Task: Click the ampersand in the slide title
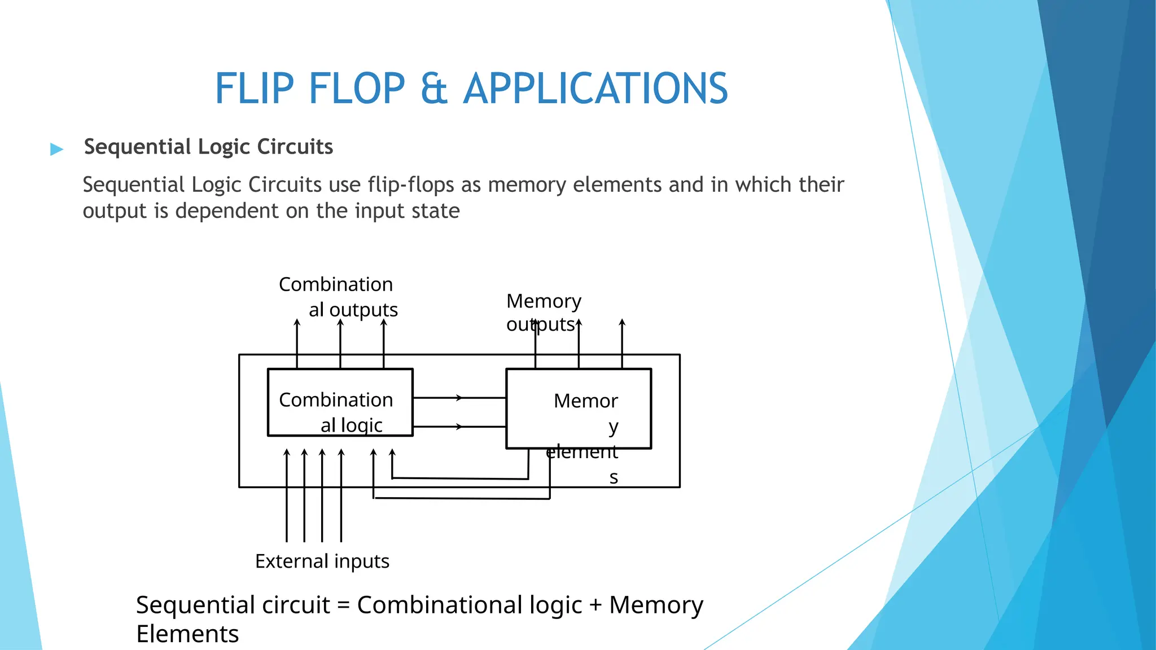[x=434, y=89]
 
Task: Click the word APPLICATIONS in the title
[x=595, y=89]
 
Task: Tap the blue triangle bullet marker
[x=56, y=149]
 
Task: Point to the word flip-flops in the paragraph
[x=410, y=185]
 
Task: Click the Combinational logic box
[x=340, y=402]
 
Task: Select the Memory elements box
[x=579, y=409]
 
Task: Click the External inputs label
[x=322, y=561]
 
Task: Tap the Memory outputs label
[x=543, y=313]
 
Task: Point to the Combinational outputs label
[x=338, y=297]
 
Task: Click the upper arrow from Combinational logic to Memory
[x=458, y=398]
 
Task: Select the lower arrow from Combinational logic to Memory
[x=458, y=427]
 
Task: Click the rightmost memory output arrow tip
[x=622, y=322]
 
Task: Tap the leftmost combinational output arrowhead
[x=297, y=322]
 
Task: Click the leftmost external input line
[x=287, y=497]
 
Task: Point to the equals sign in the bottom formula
[x=343, y=605]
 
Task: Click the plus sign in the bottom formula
[x=595, y=605]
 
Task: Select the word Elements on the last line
[x=187, y=634]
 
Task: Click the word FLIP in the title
[x=255, y=89]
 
